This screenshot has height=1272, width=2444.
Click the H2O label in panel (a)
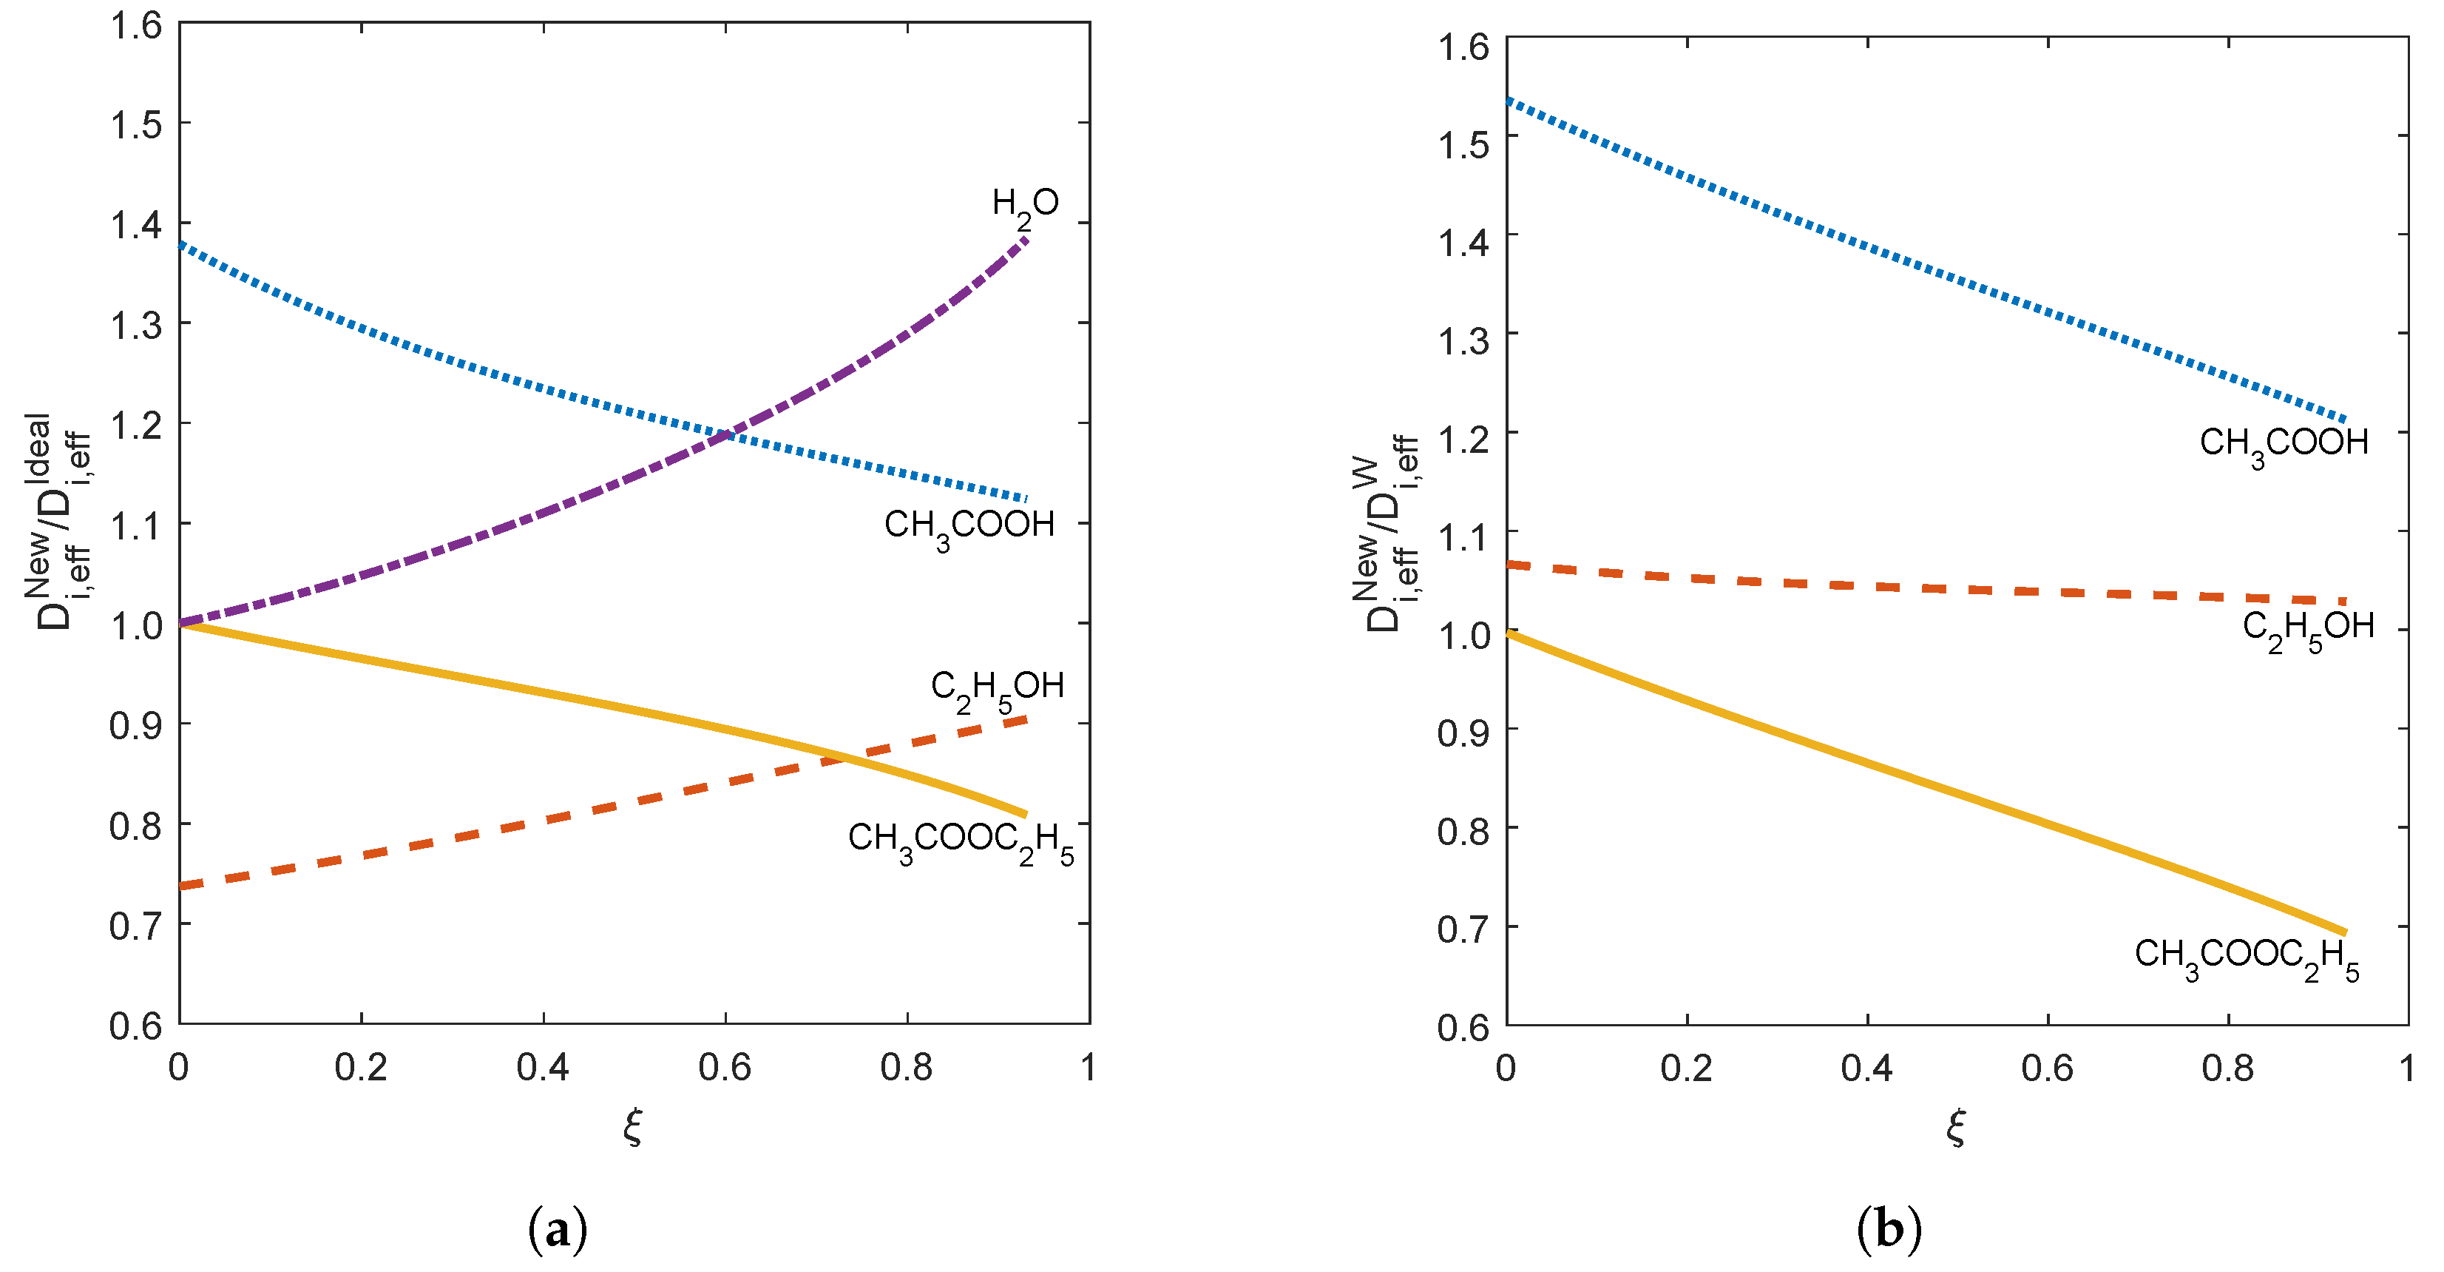1025,205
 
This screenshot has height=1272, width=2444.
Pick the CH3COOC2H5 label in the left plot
960,841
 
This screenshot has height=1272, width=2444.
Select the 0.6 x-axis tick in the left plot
725,1068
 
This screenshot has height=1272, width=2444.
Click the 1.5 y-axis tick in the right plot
1463,144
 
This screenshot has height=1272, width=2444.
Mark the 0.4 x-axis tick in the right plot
1866,1069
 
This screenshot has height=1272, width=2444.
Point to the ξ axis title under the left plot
633,1127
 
